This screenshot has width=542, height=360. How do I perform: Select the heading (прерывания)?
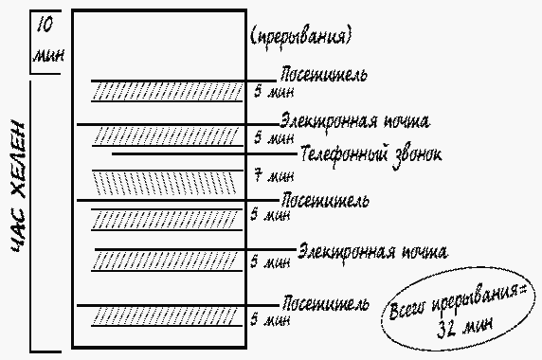(x=300, y=37)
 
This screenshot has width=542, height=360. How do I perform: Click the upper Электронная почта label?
(x=355, y=121)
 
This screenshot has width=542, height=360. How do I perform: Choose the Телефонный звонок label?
(x=370, y=152)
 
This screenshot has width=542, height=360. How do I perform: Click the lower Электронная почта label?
(x=371, y=251)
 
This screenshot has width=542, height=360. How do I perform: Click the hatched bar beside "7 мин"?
(x=167, y=180)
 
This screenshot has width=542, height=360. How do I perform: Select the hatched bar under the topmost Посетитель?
(x=167, y=92)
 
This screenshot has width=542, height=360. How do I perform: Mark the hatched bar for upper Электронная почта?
(x=167, y=136)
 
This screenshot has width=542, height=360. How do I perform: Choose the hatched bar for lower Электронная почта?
(x=167, y=260)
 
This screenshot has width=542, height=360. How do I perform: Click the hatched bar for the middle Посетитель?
(x=167, y=218)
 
